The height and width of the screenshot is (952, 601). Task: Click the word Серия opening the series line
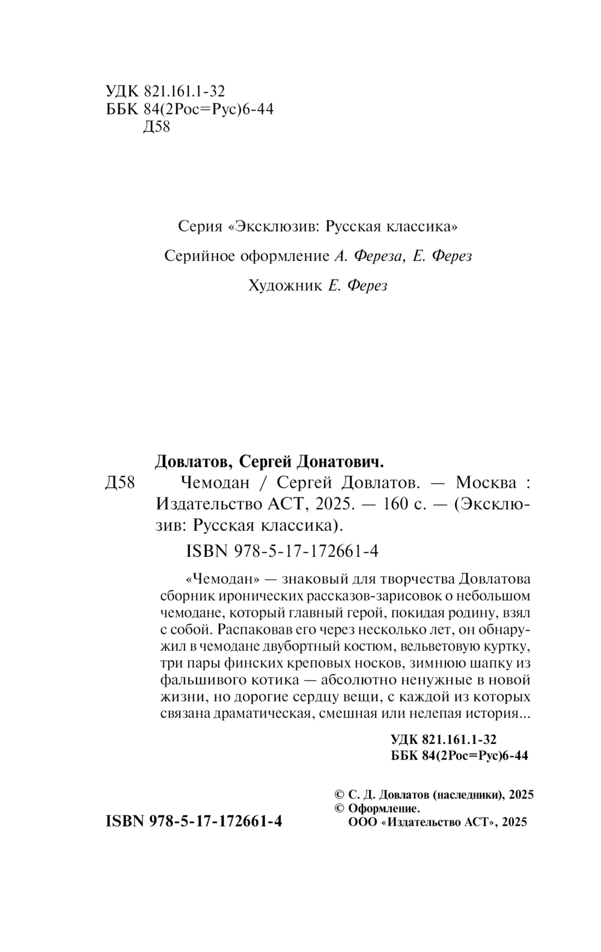(x=200, y=227)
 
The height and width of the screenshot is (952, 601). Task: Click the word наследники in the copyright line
(x=468, y=794)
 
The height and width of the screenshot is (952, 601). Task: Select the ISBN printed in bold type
(x=194, y=821)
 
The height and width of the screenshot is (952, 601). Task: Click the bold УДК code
(x=444, y=739)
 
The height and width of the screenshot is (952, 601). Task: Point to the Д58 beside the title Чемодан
(x=120, y=482)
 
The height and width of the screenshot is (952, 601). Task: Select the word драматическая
(x=263, y=714)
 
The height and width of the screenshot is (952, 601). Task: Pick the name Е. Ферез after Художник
(x=358, y=286)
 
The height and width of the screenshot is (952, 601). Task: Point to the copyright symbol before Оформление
(x=338, y=808)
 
